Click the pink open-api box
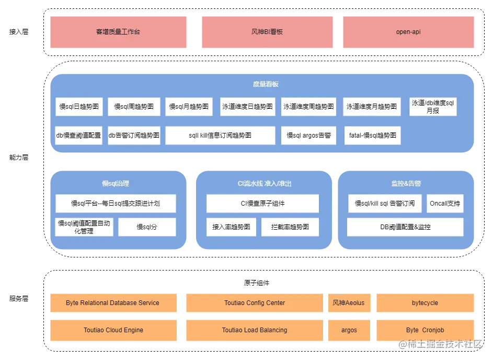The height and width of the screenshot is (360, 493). tap(409, 32)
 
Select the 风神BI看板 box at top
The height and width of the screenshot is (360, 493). tap(267, 32)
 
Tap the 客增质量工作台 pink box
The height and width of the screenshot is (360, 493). tap(119, 32)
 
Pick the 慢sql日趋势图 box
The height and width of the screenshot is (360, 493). tap(79, 107)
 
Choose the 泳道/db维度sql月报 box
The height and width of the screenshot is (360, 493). tap(433, 107)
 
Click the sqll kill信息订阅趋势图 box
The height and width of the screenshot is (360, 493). tap(220, 136)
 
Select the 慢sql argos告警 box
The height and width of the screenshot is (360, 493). tap(309, 136)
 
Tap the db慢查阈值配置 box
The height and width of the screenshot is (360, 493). tap(79, 136)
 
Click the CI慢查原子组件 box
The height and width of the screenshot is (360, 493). tap(262, 204)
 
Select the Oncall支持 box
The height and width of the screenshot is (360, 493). tap(445, 204)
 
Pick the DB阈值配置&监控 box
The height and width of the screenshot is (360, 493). tap(405, 227)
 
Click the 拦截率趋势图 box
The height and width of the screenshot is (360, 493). tap(290, 227)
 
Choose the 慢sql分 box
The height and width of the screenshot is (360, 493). tap(147, 227)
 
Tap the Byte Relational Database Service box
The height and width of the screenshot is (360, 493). tap(113, 303)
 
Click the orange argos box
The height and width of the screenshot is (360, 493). tap(349, 330)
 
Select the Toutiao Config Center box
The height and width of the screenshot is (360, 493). tap(255, 303)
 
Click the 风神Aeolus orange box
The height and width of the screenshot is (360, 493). tap(349, 303)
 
